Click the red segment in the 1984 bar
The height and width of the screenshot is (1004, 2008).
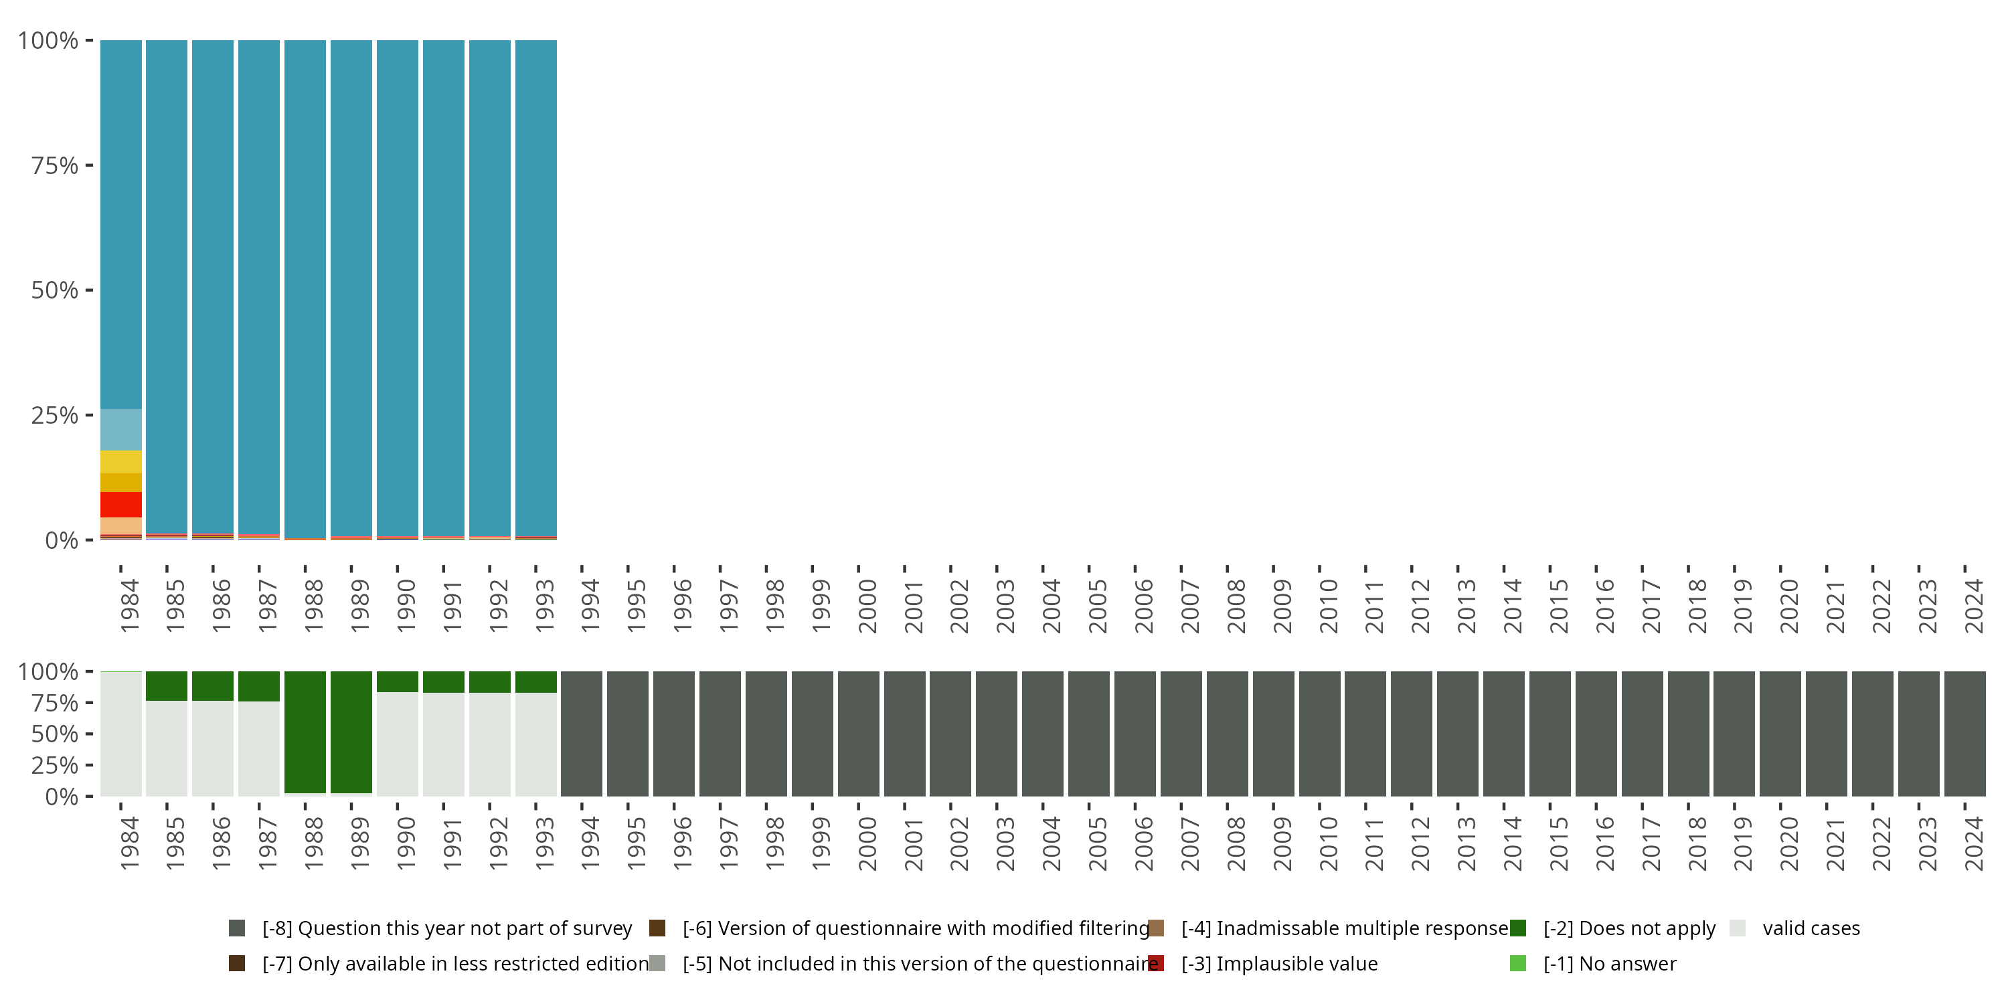121,504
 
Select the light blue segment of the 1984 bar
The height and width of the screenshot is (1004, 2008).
121,430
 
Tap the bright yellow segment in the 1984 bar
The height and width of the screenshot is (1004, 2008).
121,461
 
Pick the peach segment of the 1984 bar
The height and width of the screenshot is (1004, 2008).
121,526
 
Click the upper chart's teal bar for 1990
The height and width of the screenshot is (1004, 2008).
398,288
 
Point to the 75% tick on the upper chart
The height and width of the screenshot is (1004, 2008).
89,165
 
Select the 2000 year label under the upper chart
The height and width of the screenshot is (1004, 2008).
867,606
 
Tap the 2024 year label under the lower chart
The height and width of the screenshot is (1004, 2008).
1974,843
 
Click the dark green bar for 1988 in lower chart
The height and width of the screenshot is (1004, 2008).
305,733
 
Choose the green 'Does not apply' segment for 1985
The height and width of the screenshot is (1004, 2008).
167,686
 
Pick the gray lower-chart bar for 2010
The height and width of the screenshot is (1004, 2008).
1320,734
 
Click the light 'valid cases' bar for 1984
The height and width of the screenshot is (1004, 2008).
121,734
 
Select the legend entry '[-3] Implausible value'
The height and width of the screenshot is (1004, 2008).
1279,963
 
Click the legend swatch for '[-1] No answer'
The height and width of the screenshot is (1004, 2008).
1517,963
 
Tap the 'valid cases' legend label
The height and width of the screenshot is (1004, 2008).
1811,928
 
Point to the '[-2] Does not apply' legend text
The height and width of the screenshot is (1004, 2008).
1629,928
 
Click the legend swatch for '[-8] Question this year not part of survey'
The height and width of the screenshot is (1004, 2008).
237,928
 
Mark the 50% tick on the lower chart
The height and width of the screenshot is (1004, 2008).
89,734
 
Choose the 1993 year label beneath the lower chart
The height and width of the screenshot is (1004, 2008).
545,843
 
